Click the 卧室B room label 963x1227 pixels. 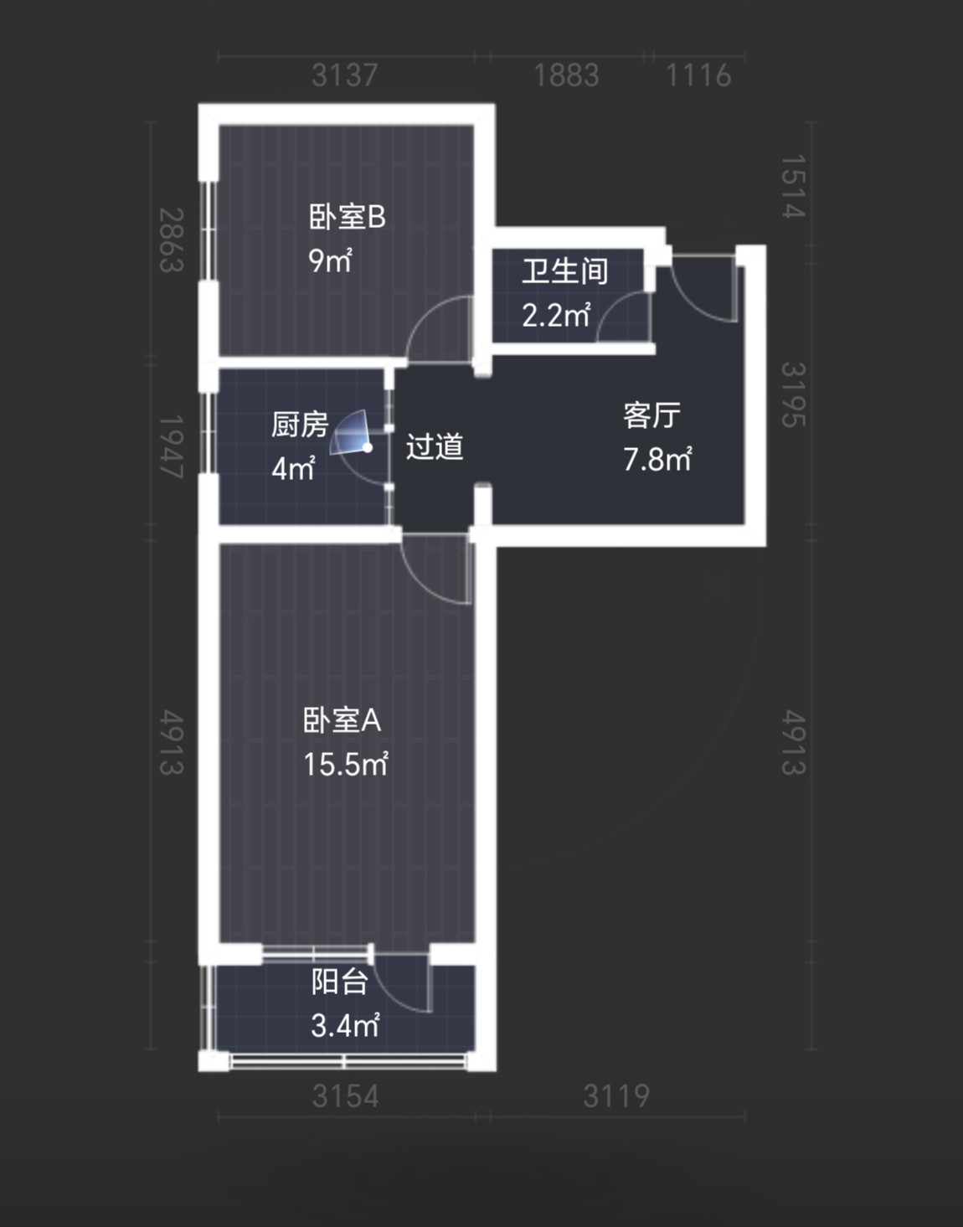348,217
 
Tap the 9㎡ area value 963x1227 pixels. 330,260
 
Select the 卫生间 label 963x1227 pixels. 564,271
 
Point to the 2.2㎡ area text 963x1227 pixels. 556,315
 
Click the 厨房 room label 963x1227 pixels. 300,425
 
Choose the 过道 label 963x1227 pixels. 435,446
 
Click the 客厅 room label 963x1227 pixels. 652,415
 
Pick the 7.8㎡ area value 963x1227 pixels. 657,459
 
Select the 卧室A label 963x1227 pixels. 342,720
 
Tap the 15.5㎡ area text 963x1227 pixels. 346,765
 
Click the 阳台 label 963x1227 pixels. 340,982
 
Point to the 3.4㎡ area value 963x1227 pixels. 345,1025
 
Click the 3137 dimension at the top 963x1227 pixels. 345,75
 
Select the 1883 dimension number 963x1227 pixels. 567,75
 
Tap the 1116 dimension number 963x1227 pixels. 699,75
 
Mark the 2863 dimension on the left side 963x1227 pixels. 172,240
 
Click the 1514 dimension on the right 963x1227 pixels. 793,186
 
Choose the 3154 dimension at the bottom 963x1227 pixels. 346,1096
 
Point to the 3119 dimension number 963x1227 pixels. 616,1096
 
